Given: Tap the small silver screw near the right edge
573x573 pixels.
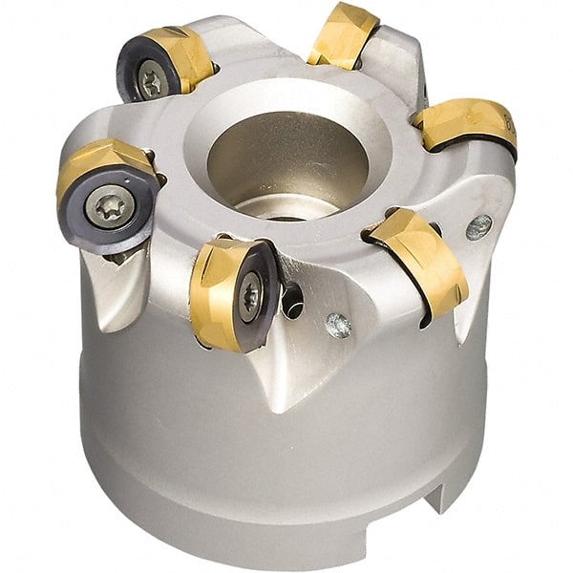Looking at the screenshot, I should pyautogui.click(x=478, y=226).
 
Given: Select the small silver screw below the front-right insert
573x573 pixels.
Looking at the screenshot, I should pyautogui.click(x=337, y=326).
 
